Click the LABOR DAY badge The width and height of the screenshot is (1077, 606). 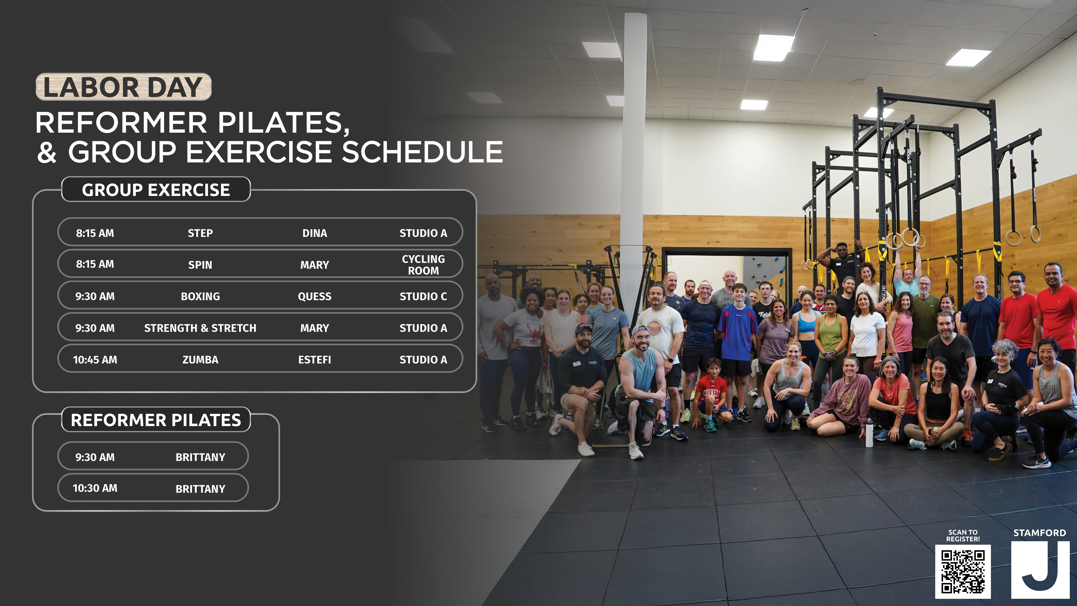coord(123,87)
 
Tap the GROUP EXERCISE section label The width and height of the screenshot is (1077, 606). coord(156,190)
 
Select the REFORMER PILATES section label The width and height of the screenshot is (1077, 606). coord(156,420)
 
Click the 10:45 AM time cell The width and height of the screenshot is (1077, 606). coord(95,360)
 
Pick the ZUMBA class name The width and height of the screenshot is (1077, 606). coord(200,360)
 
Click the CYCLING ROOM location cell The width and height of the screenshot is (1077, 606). coord(424,265)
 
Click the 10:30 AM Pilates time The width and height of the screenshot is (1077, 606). coord(95,488)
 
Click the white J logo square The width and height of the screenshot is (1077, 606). coord(1040,570)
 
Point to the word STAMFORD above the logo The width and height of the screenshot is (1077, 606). coord(1040,533)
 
